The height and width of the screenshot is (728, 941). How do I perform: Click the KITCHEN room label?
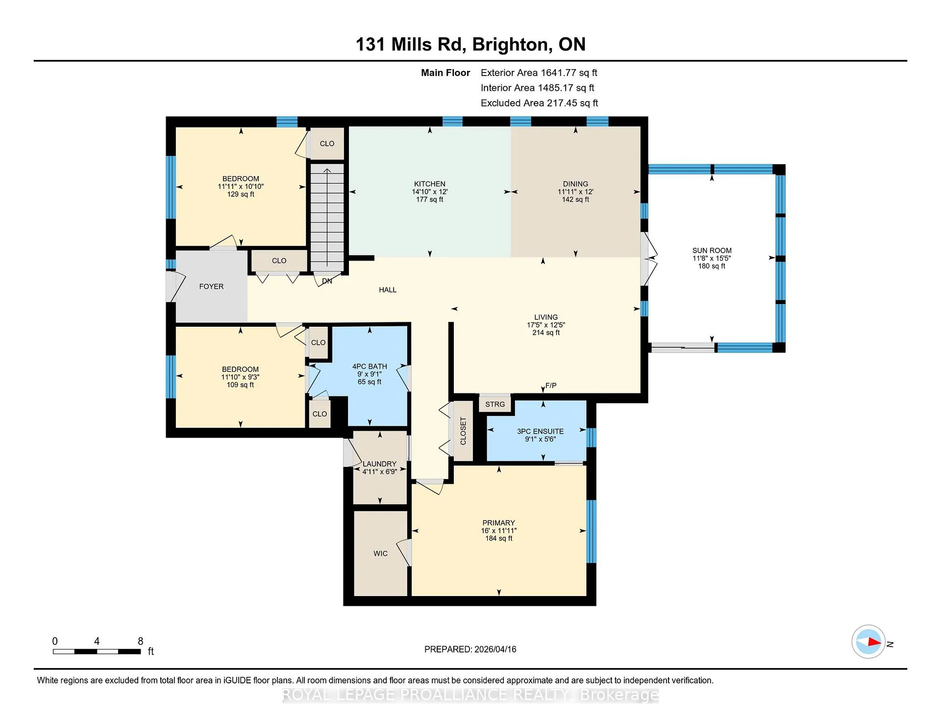(x=429, y=184)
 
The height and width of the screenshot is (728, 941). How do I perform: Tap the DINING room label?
(x=575, y=184)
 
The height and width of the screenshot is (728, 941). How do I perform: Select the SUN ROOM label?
(x=712, y=251)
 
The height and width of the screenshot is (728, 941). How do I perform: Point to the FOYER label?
(x=211, y=286)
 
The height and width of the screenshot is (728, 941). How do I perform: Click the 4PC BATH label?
(x=370, y=366)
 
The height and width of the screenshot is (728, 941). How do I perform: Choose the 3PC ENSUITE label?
(x=540, y=432)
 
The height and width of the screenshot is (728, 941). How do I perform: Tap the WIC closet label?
(x=380, y=553)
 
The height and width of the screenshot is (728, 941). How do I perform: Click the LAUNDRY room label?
(x=379, y=464)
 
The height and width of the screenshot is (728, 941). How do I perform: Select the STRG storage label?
(x=495, y=404)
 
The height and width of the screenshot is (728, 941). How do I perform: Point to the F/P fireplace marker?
(x=551, y=386)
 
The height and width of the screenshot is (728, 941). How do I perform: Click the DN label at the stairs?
(x=327, y=281)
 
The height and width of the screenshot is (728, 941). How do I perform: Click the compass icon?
(x=868, y=642)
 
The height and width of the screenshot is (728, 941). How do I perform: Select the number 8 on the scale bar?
(x=141, y=641)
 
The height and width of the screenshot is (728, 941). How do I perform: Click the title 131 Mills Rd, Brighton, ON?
(x=470, y=44)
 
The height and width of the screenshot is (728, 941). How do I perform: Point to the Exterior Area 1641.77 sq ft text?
(x=539, y=73)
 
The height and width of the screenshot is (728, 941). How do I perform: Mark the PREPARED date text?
(x=470, y=649)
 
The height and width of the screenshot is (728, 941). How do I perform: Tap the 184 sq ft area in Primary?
(x=499, y=538)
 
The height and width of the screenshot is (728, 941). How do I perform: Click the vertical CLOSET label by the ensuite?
(x=463, y=431)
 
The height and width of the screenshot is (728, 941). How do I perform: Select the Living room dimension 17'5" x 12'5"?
(x=546, y=325)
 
